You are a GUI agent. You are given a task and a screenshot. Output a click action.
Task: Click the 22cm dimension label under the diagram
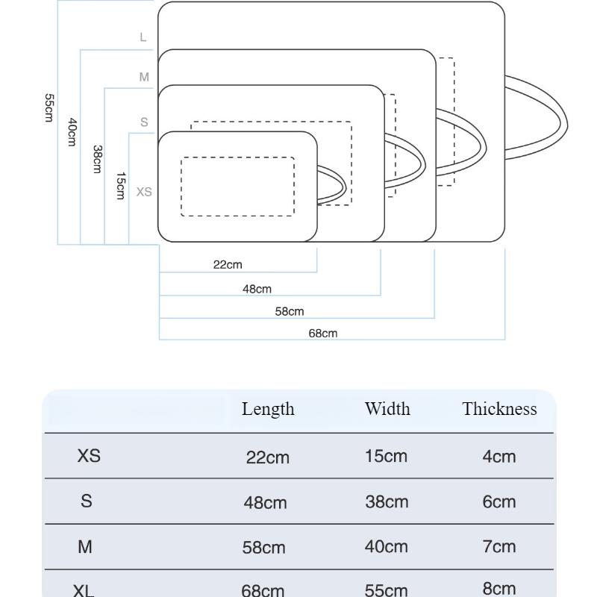tap(228, 264)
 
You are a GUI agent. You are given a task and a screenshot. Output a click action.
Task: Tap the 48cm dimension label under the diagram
tap(257, 289)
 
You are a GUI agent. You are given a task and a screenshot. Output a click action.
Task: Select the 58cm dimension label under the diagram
tap(290, 311)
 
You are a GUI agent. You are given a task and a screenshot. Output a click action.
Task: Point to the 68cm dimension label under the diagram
tap(323, 334)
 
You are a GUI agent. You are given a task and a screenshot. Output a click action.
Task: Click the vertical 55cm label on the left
tap(49, 108)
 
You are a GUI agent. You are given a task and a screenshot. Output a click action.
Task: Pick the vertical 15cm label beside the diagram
tap(120, 186)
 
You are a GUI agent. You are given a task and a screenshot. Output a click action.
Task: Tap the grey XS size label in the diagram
tap(144, 192)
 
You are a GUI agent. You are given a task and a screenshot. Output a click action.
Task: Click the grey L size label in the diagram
tap(143, 37)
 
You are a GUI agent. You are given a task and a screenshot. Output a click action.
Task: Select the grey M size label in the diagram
tap(144, 77)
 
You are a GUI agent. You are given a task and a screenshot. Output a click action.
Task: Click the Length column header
tap(268, 409)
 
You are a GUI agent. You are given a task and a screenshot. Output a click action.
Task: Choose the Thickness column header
tap(499, 409)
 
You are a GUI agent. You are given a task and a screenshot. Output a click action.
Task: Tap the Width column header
tap(387, 409)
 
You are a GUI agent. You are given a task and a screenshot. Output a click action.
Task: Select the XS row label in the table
tap(89, 456)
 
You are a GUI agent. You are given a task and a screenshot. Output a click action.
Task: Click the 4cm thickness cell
tap(498, 457)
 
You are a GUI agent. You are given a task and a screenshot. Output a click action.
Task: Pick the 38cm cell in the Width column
tap(387, 502)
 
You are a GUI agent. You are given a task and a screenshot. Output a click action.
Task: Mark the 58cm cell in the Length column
tap(264, 548)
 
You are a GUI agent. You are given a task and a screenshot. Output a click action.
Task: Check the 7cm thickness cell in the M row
tap(498, 546)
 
